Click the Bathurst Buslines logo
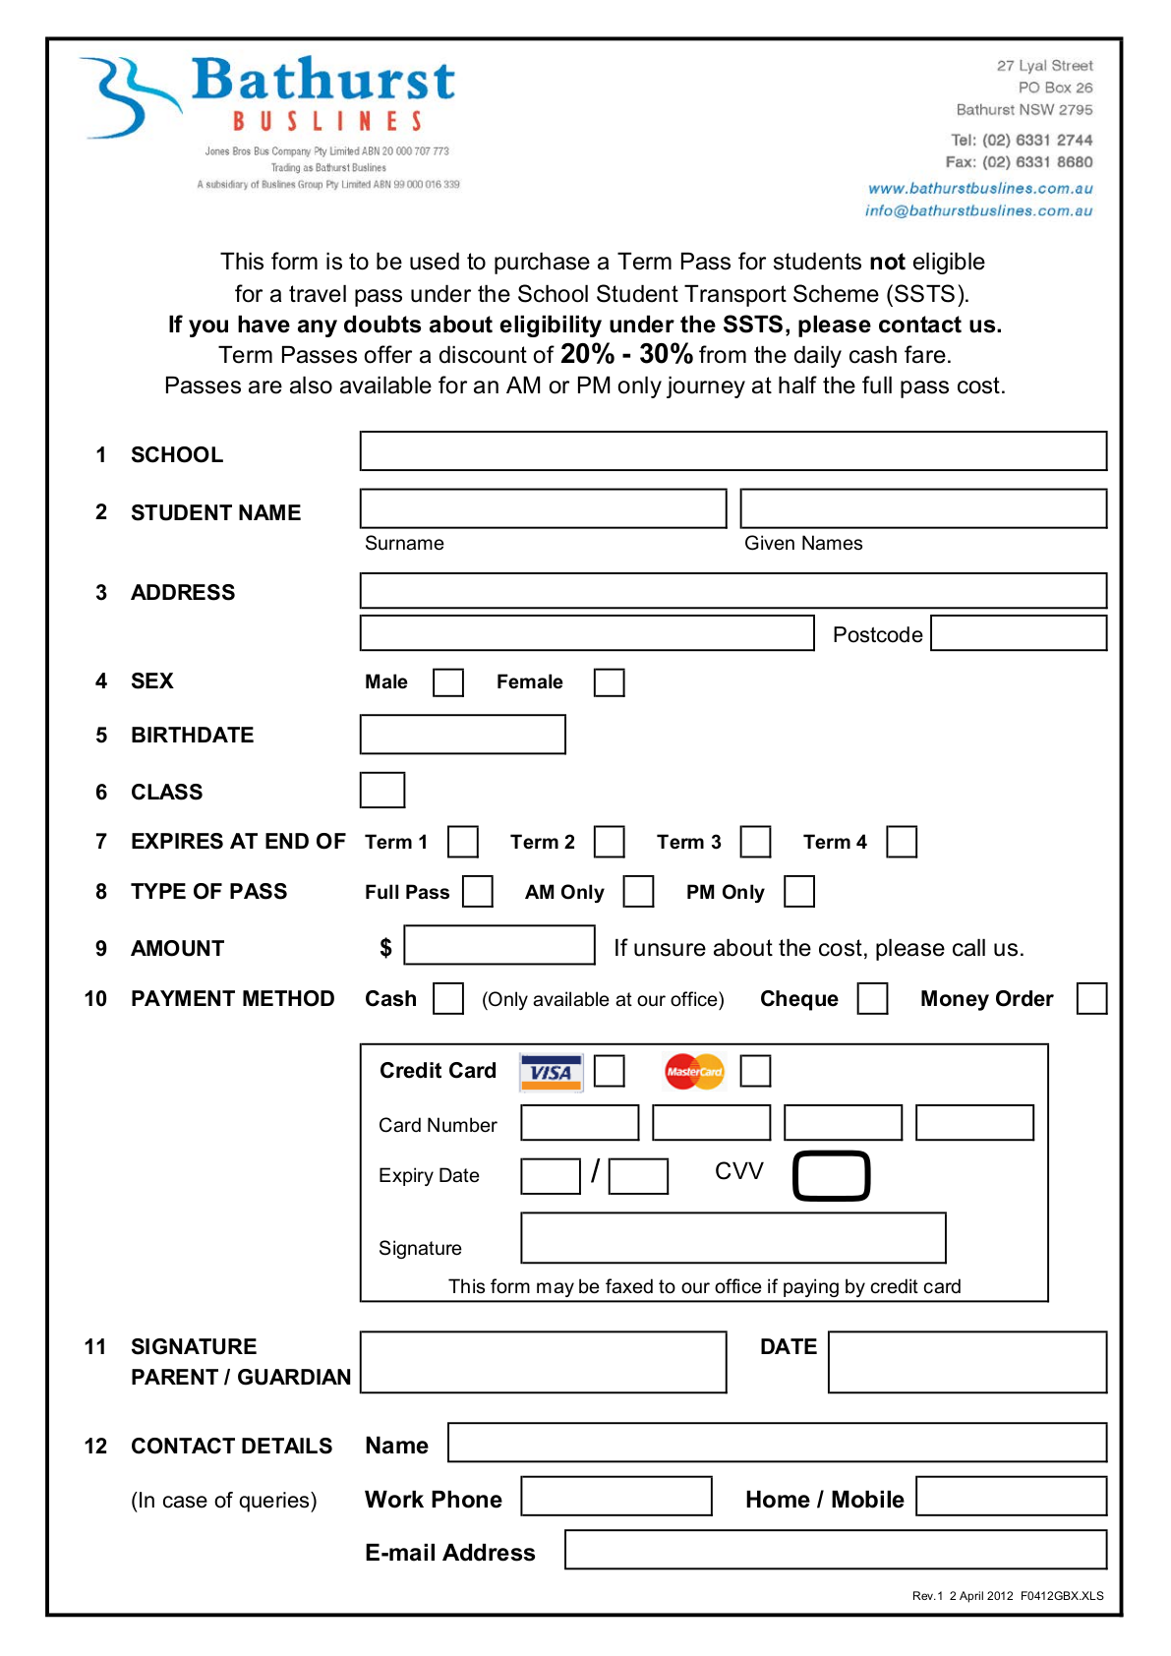(270, 98)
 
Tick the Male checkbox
(448, 682)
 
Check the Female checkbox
(609, 682)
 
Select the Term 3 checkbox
(755, 842)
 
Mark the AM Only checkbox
(638, 892)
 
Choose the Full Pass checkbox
(478, 892)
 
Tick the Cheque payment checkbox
(872, 999)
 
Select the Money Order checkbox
(1091, 999)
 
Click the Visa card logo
(551, 1072)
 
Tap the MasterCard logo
(694, 1072)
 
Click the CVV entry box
(831, 1176)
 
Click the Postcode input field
(1018, 633)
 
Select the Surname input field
(543, 508)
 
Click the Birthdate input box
(462, 735)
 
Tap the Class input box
(382, 790)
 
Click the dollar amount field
(498, 945)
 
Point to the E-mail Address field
(835, 1550)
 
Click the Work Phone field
(615, 1497)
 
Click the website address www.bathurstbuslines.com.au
(980, 188)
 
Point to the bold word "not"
(887, 262)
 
